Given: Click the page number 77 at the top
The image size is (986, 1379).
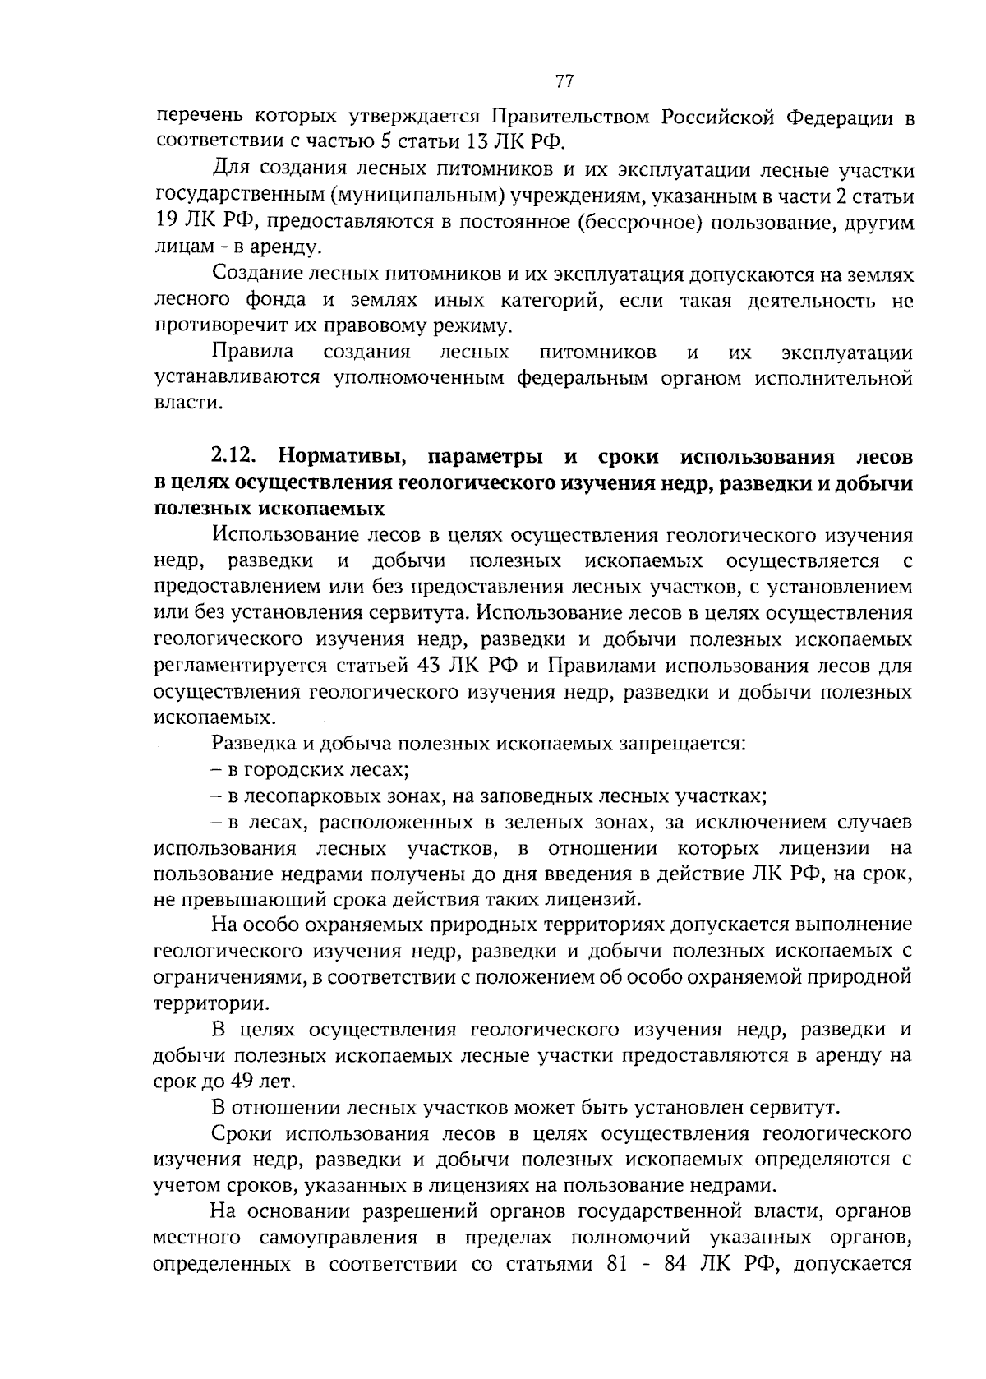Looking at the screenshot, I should [564, 81].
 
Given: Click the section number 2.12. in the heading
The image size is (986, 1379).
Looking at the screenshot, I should [236, 456].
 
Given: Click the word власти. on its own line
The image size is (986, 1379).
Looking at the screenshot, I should [188, 404].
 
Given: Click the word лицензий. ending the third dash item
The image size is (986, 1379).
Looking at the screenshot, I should [592, 898].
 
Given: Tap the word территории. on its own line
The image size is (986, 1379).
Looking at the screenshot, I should [210, 1003].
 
